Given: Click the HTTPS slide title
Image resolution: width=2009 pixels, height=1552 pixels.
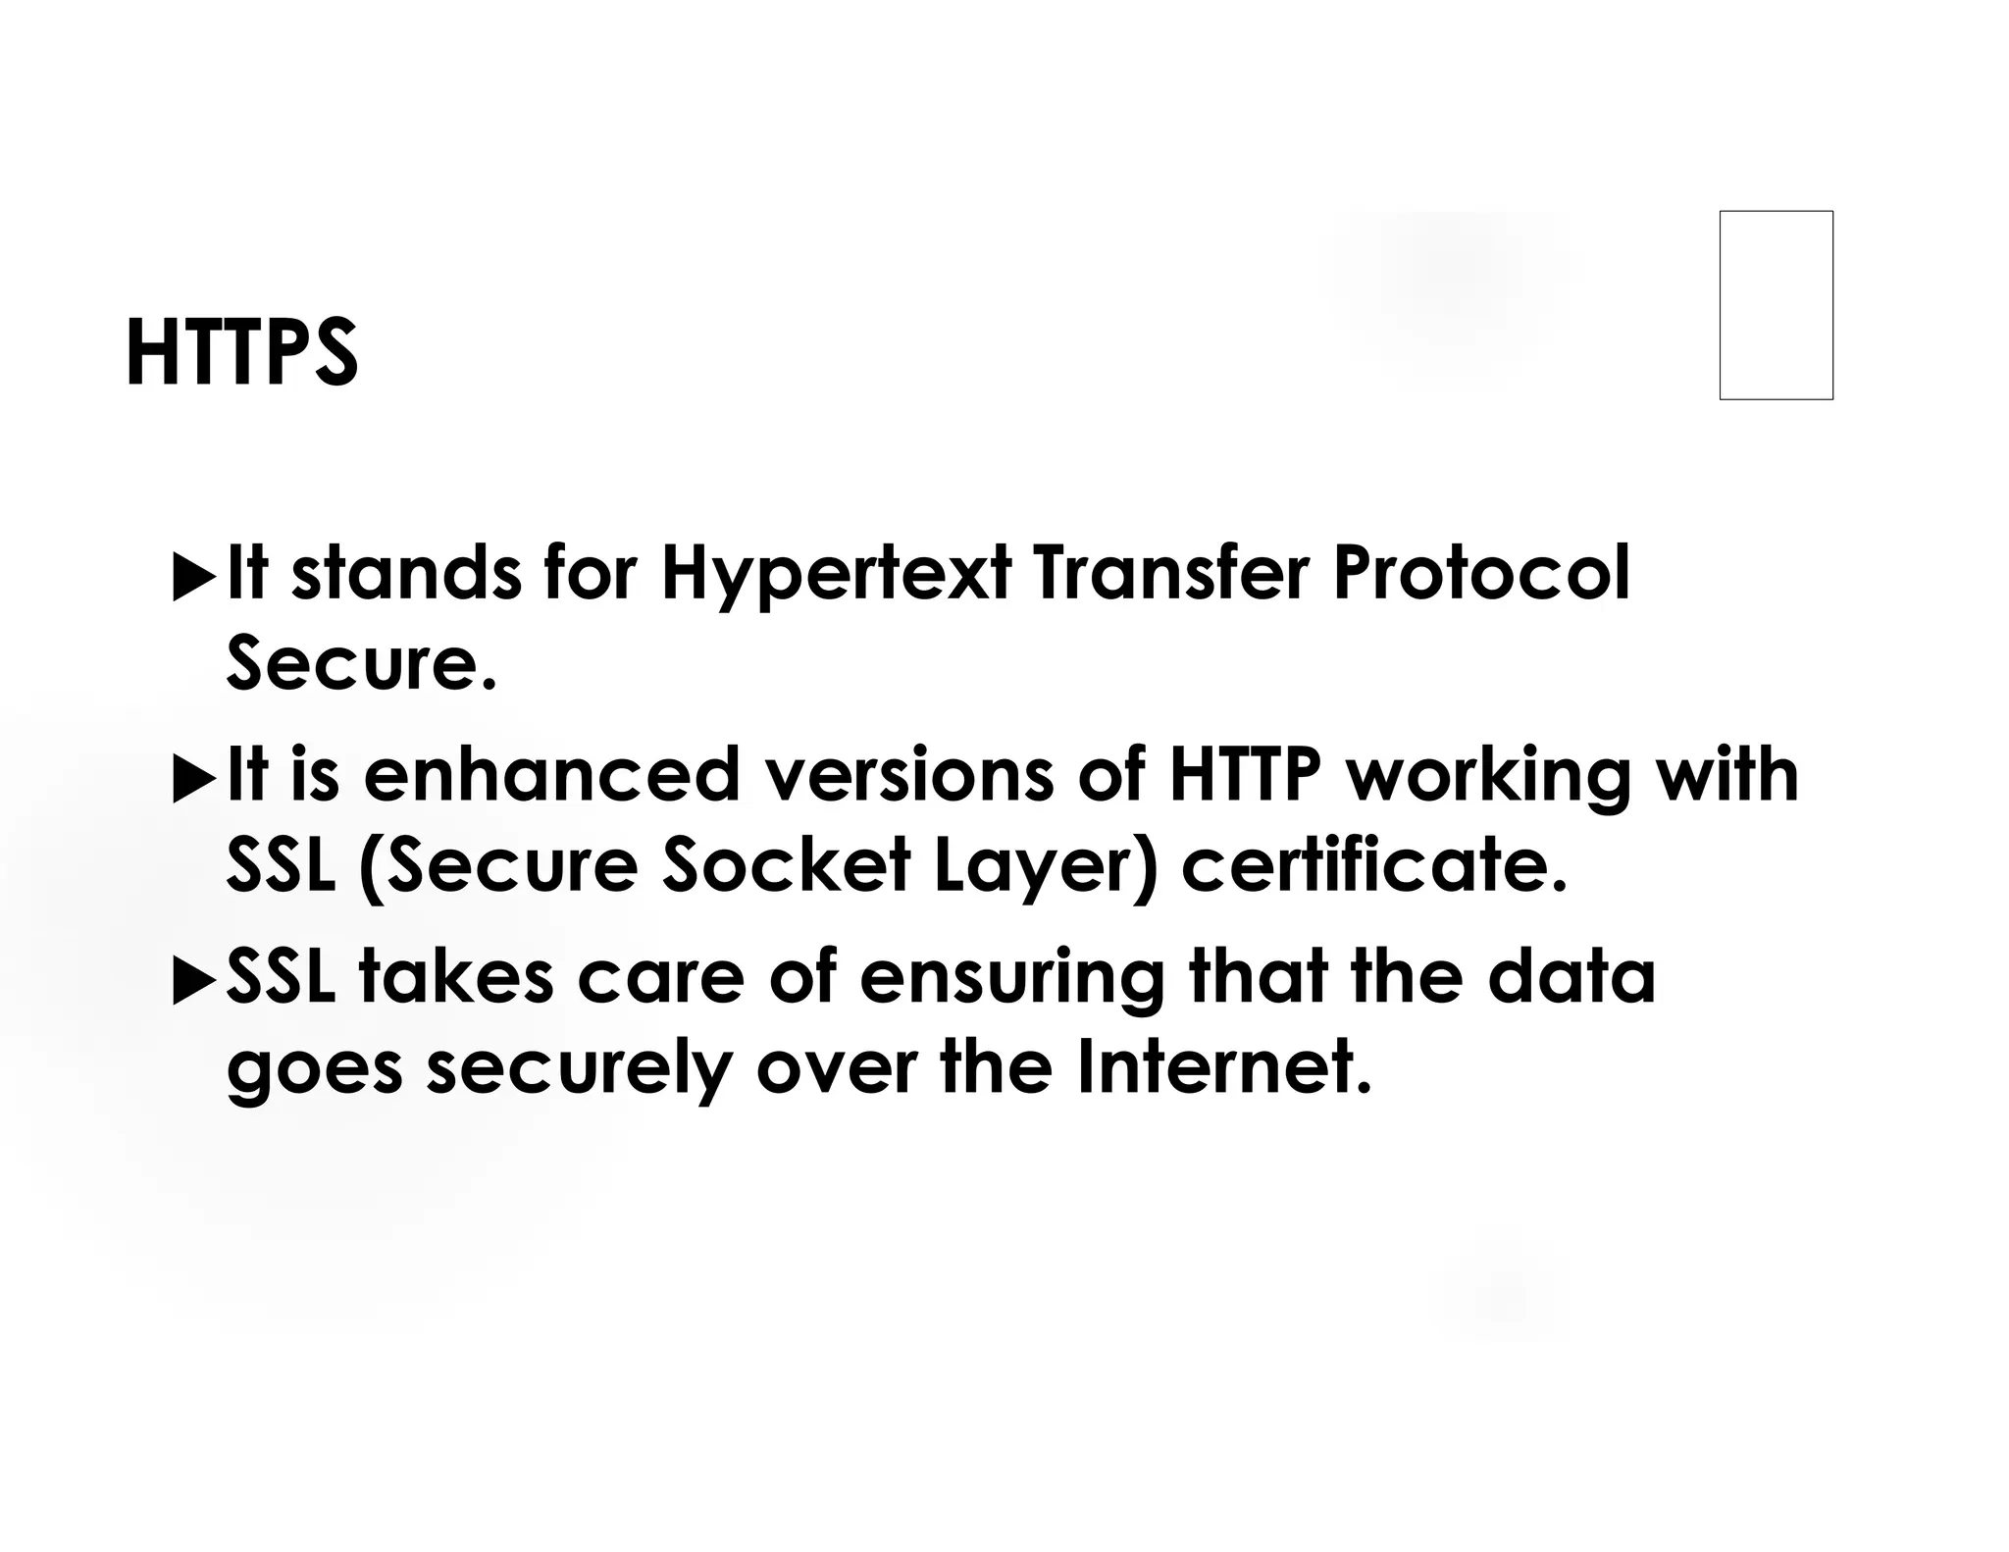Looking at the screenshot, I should tap(241, 353).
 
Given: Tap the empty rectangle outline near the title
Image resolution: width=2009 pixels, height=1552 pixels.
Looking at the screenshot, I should tap(1776, 305).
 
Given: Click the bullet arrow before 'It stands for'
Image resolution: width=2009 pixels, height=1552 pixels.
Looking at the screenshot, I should tap(193, 577).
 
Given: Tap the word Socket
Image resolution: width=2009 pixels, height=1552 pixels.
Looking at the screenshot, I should tap(786, 866).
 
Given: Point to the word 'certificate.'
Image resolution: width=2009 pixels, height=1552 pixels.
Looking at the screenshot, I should tap(1374, 866).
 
